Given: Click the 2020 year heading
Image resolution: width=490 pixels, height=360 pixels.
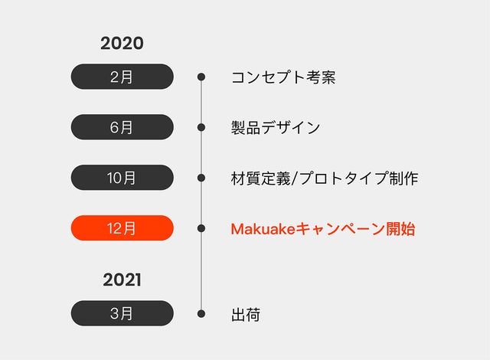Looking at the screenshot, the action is point(122,43).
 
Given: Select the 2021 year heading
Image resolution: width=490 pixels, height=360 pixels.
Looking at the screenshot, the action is point(122,280).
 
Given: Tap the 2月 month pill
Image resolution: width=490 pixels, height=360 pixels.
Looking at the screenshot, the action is point(122,77).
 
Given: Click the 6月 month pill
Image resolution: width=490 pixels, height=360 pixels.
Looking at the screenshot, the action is point(122,127).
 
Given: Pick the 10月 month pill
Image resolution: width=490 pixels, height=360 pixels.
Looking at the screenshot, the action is point(122,178).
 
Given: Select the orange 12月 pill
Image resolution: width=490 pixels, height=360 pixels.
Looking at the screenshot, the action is point(122,228).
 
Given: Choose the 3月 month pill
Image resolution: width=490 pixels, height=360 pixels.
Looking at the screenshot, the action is point(122,313).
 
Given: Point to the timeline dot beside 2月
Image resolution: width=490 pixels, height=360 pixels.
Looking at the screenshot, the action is point(201,77).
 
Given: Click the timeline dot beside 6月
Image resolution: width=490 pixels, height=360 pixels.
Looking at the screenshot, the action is point(201,127).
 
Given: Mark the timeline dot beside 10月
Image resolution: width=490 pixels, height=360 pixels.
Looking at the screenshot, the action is point(201,178).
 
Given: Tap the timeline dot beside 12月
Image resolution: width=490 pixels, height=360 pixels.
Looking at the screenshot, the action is point(201,228).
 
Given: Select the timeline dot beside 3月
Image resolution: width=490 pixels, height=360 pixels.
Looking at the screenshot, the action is point(201,314).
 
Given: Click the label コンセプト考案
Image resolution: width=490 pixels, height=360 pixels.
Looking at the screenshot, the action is point(283,77).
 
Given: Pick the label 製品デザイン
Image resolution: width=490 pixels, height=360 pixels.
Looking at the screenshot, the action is point(276,127).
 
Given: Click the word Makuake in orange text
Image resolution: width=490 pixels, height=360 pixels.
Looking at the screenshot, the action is point(263,229).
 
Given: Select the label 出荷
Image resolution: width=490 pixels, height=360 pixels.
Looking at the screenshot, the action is point(246,314).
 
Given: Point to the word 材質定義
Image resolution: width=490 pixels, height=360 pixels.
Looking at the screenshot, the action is point(260,178).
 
